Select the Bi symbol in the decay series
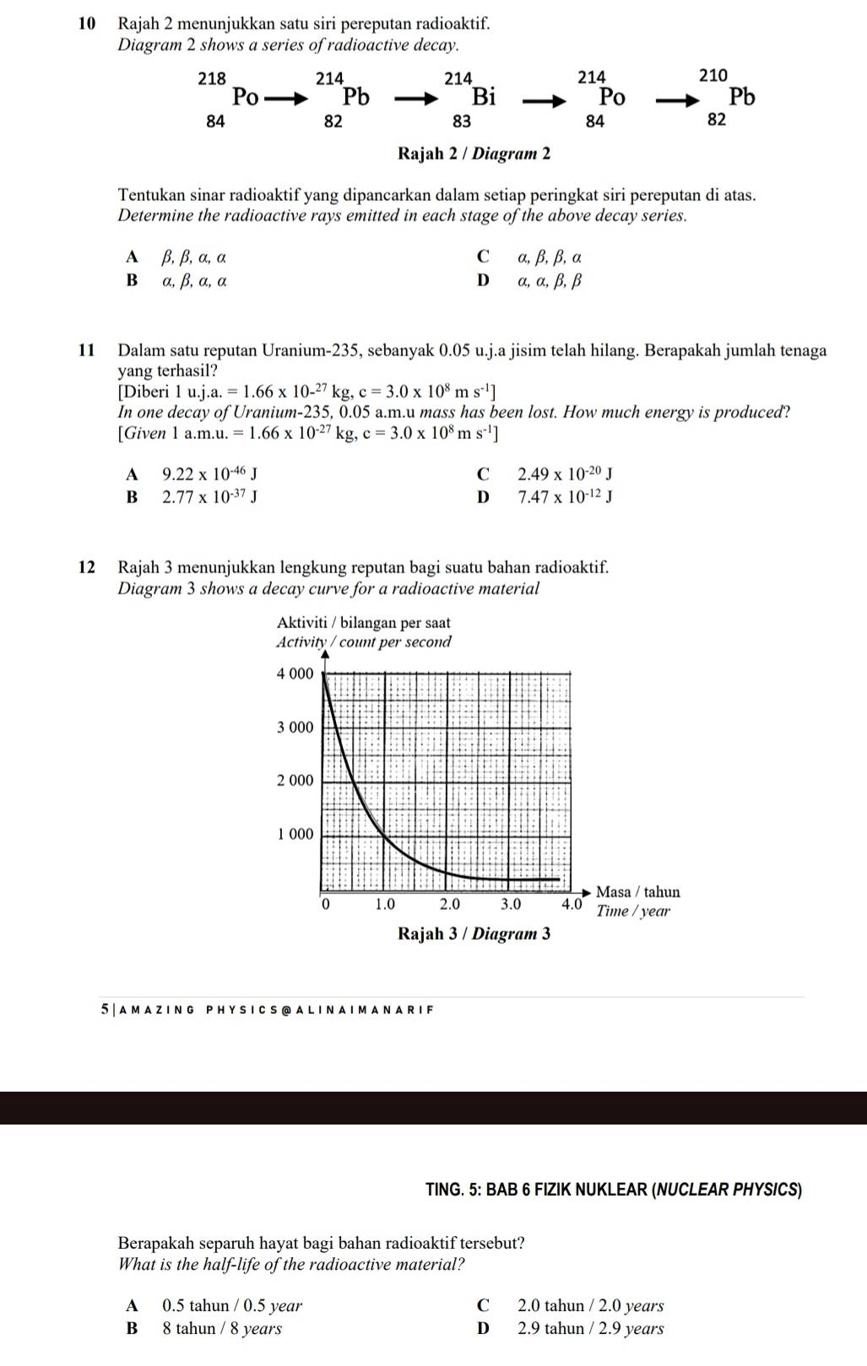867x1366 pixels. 484,96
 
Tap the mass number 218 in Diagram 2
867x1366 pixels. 212,79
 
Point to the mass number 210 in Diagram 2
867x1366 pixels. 713,75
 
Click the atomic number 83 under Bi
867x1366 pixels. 461,121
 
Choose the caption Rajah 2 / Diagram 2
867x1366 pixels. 474,154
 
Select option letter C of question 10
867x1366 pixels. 482,256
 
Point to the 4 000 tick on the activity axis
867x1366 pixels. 295,674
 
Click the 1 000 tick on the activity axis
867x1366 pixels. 295,834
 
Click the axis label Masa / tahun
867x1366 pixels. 637,892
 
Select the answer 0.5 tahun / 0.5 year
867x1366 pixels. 232,1306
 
